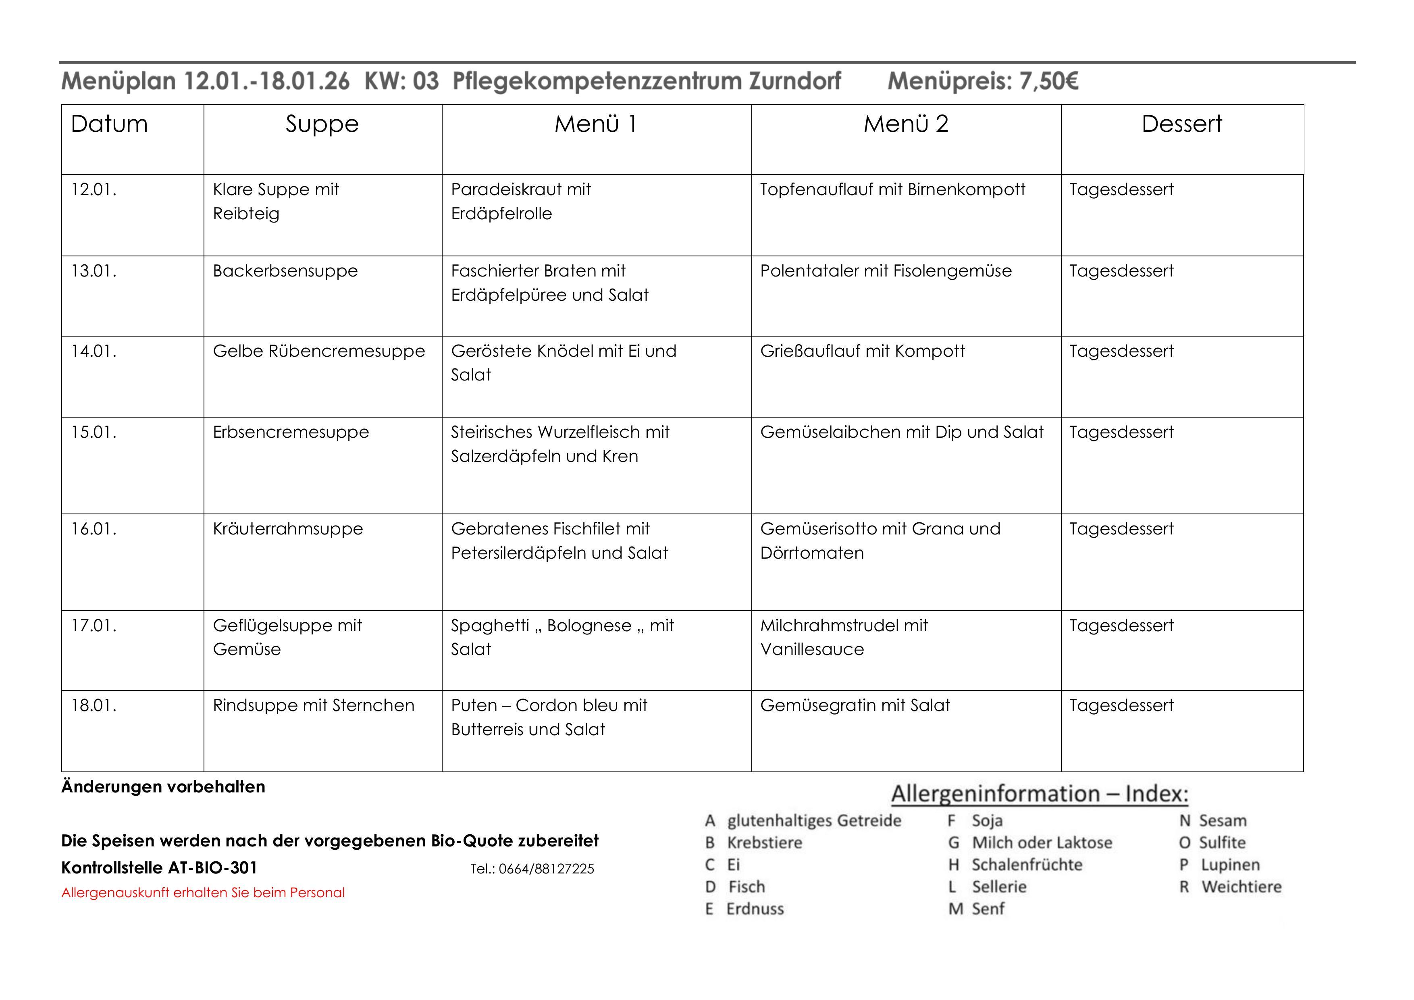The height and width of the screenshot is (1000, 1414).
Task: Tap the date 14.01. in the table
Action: tap(94, 351)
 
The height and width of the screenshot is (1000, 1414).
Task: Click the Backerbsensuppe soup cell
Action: tap(285, 271)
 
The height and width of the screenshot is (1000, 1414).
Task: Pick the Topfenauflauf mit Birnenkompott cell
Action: tap(892, 190)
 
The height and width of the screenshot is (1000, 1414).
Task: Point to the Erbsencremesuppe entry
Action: tap(291, 432)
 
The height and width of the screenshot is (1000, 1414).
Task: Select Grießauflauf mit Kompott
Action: tap(862, 351)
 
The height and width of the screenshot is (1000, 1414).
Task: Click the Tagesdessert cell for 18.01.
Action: tap(1121, 706)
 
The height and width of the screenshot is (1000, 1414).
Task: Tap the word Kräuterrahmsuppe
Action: tap(288, 529)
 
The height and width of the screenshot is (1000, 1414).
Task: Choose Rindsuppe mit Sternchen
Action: tap(314, 706)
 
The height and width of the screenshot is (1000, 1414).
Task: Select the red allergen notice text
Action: tap(203, 893)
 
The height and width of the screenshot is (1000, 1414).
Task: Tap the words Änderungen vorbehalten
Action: tap(163, 787)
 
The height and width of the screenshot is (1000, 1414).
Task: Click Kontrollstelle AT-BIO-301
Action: tap(159, 868)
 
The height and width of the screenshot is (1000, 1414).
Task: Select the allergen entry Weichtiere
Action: tap(1241, 887)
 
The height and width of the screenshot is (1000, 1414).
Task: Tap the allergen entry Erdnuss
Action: tap(755, 909)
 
